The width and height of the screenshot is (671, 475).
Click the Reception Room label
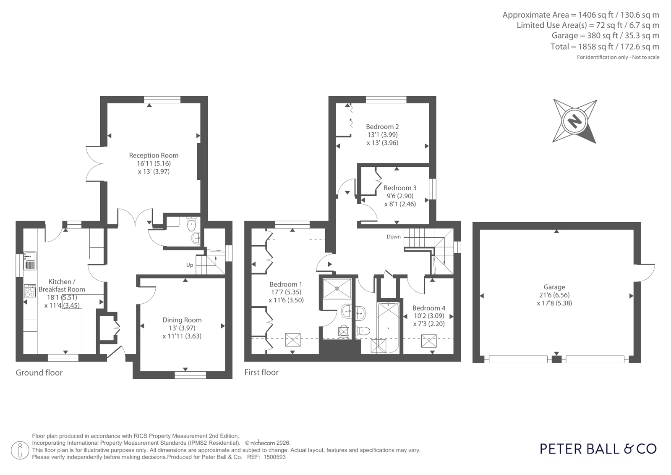[154, 155]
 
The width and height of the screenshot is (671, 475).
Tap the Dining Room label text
[182, 320]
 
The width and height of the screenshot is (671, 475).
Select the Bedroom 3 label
[400, 188]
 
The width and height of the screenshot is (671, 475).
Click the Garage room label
[554, 287]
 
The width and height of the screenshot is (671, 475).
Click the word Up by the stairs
[190, 265]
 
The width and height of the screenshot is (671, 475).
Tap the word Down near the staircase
[394, 236]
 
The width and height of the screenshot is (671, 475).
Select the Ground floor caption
[39, 373]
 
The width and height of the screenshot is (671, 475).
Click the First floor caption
[261, 373]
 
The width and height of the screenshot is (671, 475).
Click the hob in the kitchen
[30, 291]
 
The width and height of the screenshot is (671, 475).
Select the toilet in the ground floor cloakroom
[191, 224]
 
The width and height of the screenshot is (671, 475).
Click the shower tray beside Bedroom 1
[337, 289]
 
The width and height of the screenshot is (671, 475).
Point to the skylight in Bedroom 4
[429, 341]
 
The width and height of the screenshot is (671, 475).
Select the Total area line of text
[605, 47]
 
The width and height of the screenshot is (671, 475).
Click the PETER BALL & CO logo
[598, 449]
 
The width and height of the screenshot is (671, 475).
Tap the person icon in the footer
[20, 450]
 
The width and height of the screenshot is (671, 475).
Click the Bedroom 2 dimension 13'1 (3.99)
[383, 135]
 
